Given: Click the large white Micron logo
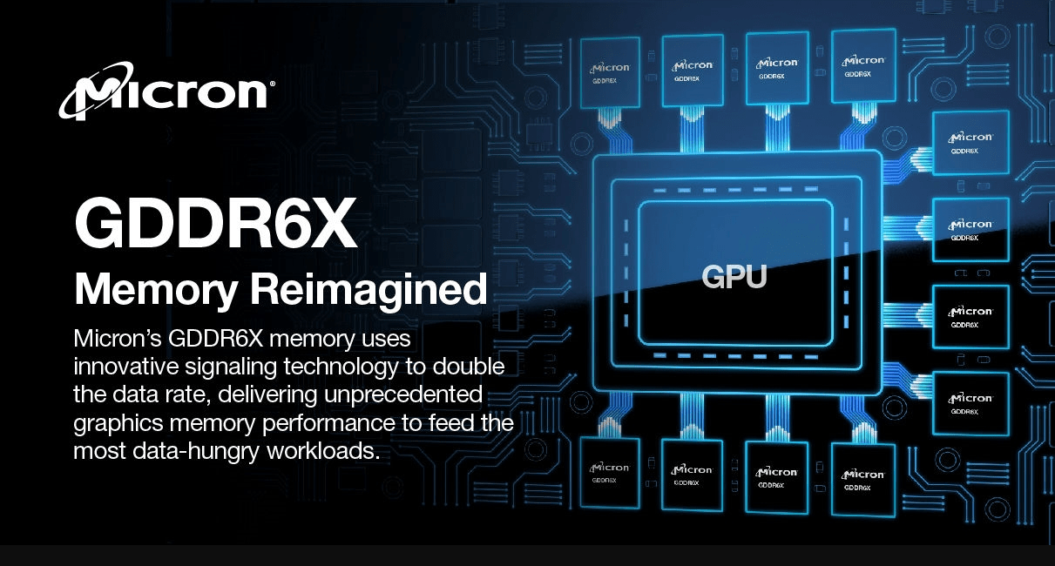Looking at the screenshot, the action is (164, 91).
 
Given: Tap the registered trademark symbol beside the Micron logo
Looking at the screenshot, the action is (272, 84).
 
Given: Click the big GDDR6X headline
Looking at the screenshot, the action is (216, 222).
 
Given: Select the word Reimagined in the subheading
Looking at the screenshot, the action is (369, 291).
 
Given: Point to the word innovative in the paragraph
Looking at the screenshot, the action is (125, 367).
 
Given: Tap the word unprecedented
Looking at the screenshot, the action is (403, 395).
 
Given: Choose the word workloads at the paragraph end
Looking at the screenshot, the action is (323, 451).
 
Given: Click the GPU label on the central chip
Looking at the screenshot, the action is (734, 276).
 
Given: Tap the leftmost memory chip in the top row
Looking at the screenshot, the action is (610, 72).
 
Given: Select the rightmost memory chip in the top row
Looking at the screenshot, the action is (864, 66).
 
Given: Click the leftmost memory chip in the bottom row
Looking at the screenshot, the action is (610, 471).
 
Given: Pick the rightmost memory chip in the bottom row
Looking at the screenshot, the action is (864, 479).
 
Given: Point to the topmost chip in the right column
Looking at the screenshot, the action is (971, 143).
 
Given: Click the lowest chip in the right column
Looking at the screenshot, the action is (971, 403).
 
